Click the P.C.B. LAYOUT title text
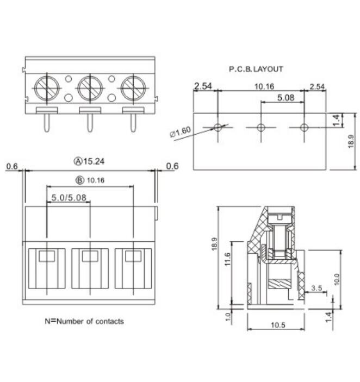coord(256,69)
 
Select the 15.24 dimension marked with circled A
coord(90,161)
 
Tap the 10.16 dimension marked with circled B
coord(90,180)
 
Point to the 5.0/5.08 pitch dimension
coord(69,198)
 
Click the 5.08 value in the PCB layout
coord(286,98)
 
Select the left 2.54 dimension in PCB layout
coord(202,86)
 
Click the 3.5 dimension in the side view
coord(318,287)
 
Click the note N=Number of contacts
coord(84,321)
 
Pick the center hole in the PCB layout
coord(260,127)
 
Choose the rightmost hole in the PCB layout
coord(303,127)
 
